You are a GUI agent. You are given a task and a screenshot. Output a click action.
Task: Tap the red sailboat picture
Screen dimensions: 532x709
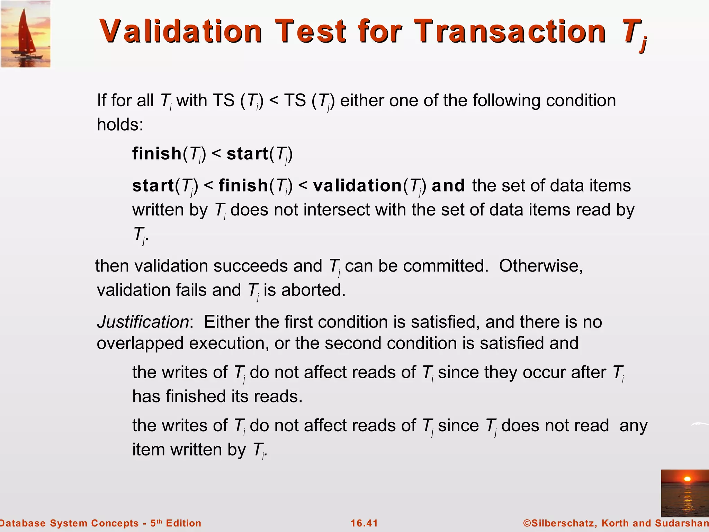[x=26, y=34]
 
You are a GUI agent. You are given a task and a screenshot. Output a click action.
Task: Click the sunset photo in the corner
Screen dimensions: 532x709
[x=685, y=493]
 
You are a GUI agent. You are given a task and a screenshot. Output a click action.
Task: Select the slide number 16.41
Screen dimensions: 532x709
[x=364, y=523]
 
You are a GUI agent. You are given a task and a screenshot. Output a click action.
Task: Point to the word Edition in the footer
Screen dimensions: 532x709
[x=183, y=523]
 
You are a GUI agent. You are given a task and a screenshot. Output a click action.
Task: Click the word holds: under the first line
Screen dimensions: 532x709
[x=120, y=124]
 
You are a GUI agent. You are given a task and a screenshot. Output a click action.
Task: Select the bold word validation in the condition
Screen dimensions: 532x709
[x=357, y=186]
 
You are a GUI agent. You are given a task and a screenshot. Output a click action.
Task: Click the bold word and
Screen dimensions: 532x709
[x=448, y=186]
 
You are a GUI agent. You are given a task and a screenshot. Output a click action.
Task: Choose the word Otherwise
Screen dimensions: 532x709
[x=541, y=266]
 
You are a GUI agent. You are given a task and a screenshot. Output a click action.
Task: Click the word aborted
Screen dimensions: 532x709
[x=313, y=290]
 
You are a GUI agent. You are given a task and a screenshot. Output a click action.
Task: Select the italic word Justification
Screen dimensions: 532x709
[x=143, y=322]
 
